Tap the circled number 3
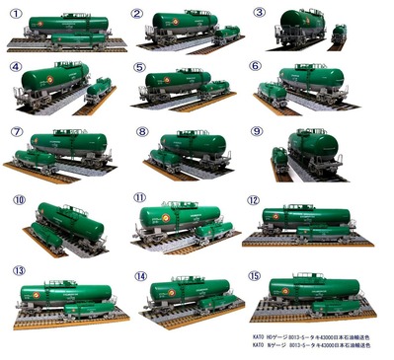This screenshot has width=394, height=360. click(x=260, y=13)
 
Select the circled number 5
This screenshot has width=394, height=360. click(x=139, y=69)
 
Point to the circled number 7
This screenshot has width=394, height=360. click(x=17, y=131)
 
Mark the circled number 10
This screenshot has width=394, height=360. click(x=19, y=199)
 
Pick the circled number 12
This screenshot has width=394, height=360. click(x=253, y=198)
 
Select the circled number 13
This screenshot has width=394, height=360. click(x=19, y=269)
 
